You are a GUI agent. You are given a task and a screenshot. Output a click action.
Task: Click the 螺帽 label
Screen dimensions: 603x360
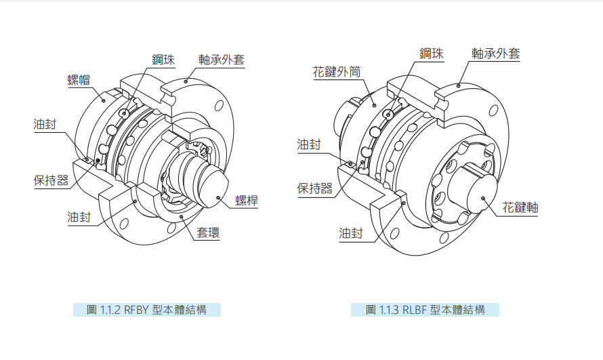[x=79, y=80]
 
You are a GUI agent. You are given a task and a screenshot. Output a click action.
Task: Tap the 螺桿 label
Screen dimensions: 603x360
[x=247, y=201]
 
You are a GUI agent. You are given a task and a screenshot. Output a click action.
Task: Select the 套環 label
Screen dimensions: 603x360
[x=208, y=233]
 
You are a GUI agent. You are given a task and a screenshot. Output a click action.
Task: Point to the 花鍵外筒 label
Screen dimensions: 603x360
[x=337, y=72]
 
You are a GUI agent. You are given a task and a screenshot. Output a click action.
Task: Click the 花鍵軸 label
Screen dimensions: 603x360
[x=520, y=207]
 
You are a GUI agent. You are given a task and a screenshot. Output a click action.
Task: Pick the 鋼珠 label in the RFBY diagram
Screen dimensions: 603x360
[x=163, y=60]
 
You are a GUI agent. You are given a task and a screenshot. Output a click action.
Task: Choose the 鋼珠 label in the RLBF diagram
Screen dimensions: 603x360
[x=432, y=54]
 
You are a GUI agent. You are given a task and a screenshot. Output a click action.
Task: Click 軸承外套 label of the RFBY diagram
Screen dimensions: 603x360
[x=222, y=60]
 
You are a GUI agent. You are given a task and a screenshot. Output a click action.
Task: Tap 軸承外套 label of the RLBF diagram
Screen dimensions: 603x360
[x=496, y=54]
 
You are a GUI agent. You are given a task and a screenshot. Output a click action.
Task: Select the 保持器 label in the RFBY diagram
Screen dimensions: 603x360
[x=51, y=180]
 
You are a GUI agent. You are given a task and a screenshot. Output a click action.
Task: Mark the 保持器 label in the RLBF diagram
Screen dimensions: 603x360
[x=315, y=188]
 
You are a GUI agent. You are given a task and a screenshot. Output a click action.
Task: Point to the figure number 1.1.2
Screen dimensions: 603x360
[x=110, y=310]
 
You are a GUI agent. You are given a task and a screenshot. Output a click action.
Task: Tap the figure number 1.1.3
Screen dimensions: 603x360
[x=389, y=310]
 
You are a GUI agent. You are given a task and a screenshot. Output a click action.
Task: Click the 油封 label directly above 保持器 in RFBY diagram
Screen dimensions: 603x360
[x=45, y=124]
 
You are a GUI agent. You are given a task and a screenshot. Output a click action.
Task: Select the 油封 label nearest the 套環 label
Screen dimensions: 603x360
[x=79, y=218]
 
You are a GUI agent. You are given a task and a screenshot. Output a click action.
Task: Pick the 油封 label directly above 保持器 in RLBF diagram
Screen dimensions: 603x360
[x=309, y=144]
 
